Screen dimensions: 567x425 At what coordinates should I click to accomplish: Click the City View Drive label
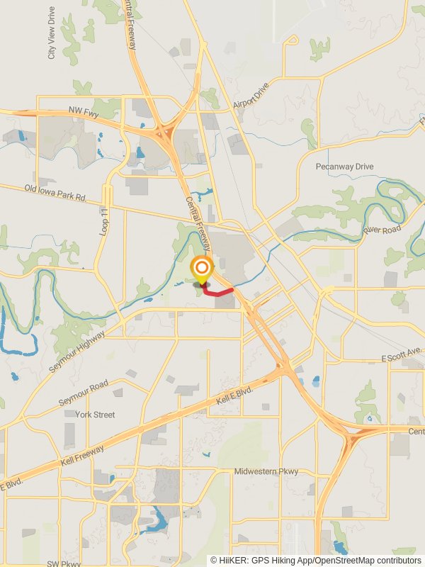click(52, 33)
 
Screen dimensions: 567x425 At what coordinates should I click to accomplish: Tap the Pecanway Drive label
click(344, 167)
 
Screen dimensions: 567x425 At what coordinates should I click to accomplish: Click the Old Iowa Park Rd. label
click(55, 193)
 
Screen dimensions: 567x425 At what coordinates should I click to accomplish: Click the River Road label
click(382, 230)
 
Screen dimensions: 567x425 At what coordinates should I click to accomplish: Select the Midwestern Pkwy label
click(266, 471)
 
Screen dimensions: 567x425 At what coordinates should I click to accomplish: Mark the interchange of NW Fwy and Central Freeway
click(165, 133)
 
